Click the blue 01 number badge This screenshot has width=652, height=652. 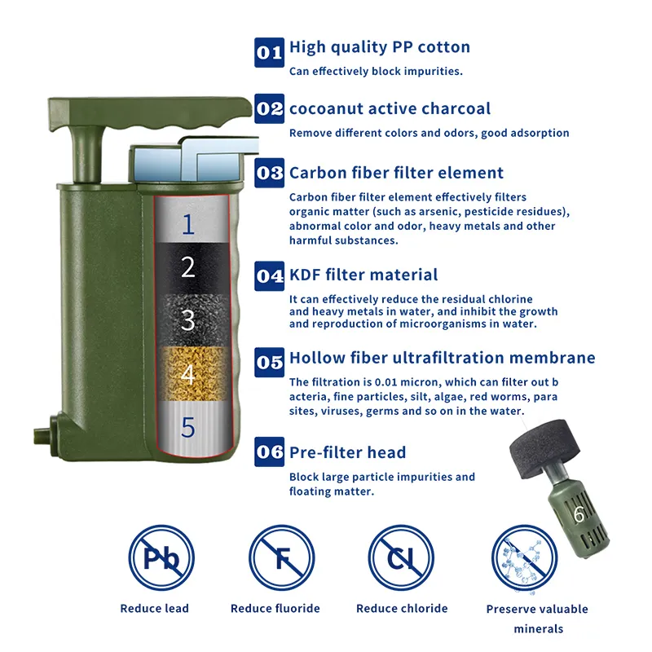click(x=270, y=52)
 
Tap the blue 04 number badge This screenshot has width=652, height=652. click(x=270, y=276)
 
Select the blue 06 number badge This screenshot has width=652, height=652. click(x=270, y=452)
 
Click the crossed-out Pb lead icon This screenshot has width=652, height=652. click(x=161, y=557)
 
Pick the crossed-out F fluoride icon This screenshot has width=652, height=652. click(x=282, y=557)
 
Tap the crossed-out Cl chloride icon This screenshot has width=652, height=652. click(x=401, y=557)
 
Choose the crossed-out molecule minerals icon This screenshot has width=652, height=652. click(x=524, y=558)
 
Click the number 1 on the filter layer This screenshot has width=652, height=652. click(x=188, y=224)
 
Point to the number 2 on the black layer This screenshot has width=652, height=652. click(x=188, y=267)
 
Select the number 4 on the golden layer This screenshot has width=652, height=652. click(x=188, y=374)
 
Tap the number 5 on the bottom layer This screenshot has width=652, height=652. click(x=188, y=427)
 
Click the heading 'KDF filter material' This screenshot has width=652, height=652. click(x=363, y=275)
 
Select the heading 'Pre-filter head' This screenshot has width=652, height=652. click(x=348, y=452)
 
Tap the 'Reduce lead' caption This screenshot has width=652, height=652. click(x=154, y=608)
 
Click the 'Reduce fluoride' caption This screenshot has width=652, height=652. click(x=275, y=608)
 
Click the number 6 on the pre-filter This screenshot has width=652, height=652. click(x=579, y=514)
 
